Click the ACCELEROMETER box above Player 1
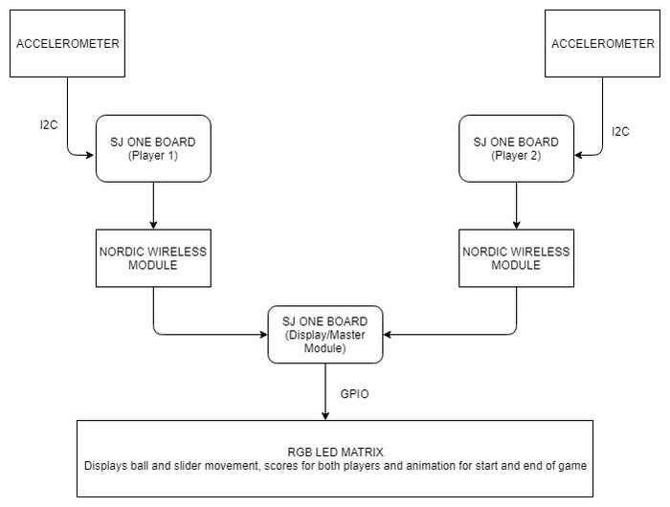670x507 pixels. [x=68, y=44]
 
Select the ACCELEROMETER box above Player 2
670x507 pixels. [x=602, y=44]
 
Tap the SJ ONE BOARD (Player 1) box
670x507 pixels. [x=153, y=148]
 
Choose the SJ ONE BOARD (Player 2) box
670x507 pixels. [x=516, y=148]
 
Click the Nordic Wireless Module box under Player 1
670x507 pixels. [x=153, y=258]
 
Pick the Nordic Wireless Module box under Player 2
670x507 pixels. [x=516, y=258]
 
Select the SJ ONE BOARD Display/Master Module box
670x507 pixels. [x=325, y=335]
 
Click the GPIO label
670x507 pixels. [x=354, y=394]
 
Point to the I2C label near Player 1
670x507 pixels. [x=49, y=125]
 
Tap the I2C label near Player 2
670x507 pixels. [x=620, y=132]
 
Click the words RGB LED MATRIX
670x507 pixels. [x=335, y=452]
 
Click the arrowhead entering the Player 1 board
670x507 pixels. [x=90, y=155]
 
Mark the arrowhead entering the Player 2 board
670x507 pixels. [x=579, y=155]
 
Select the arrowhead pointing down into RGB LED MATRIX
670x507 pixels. [x=325, y=415]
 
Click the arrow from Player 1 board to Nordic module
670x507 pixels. [x=153, y=206]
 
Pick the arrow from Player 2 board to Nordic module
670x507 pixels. [x=516, y=206]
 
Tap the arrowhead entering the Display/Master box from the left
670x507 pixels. [x=263, y=335]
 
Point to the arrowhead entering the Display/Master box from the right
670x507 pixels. [x=388, y=335]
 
